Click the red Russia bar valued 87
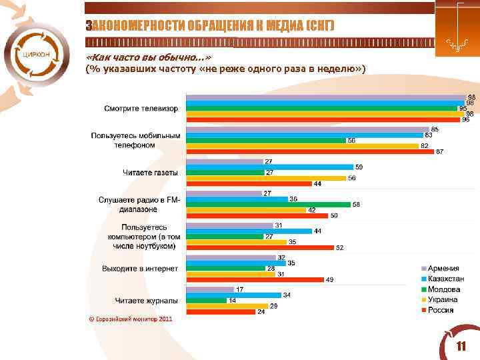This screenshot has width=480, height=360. pos(310,151)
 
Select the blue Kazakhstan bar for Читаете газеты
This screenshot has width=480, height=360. pos(269,167)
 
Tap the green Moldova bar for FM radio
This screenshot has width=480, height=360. pos(268,205)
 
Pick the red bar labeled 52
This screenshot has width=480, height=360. pos(259,248)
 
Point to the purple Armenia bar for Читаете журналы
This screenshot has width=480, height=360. pos(210,289)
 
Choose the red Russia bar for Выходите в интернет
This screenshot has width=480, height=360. pos(255,280)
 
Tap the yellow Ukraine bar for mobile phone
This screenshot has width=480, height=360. pos(302,145)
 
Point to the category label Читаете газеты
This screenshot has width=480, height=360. pos(150,173)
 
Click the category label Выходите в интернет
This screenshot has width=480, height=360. pos(140,269)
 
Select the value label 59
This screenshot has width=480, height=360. pos(359,167)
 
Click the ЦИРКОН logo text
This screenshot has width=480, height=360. pos(35,54)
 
